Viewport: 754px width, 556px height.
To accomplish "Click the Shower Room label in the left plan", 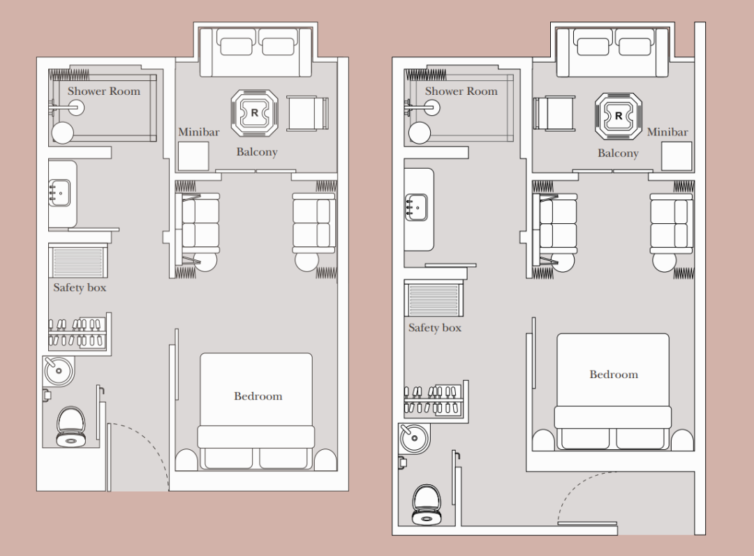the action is coord(103,91).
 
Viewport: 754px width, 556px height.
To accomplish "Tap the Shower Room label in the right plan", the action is coord(461,91).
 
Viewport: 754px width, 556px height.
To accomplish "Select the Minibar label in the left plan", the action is coord(199,132).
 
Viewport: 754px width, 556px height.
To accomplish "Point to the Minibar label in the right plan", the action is coord(667,132).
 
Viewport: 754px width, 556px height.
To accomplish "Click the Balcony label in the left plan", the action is coord(257,152).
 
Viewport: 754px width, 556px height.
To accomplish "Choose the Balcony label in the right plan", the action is coord(618,153).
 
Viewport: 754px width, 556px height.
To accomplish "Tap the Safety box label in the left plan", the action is coord(80,287).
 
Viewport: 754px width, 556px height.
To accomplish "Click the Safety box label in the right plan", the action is coord(435,328).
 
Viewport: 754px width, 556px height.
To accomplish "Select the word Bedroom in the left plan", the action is coord(258,396).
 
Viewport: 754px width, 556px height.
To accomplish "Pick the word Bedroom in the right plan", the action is coord(614,375).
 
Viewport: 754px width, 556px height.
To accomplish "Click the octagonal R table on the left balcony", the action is coord(255,112).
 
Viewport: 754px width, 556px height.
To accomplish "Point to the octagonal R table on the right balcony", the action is coord(618,117).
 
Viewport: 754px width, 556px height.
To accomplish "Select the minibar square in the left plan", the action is coord(193,156).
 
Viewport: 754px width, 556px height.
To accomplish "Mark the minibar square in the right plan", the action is coord(677,157).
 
